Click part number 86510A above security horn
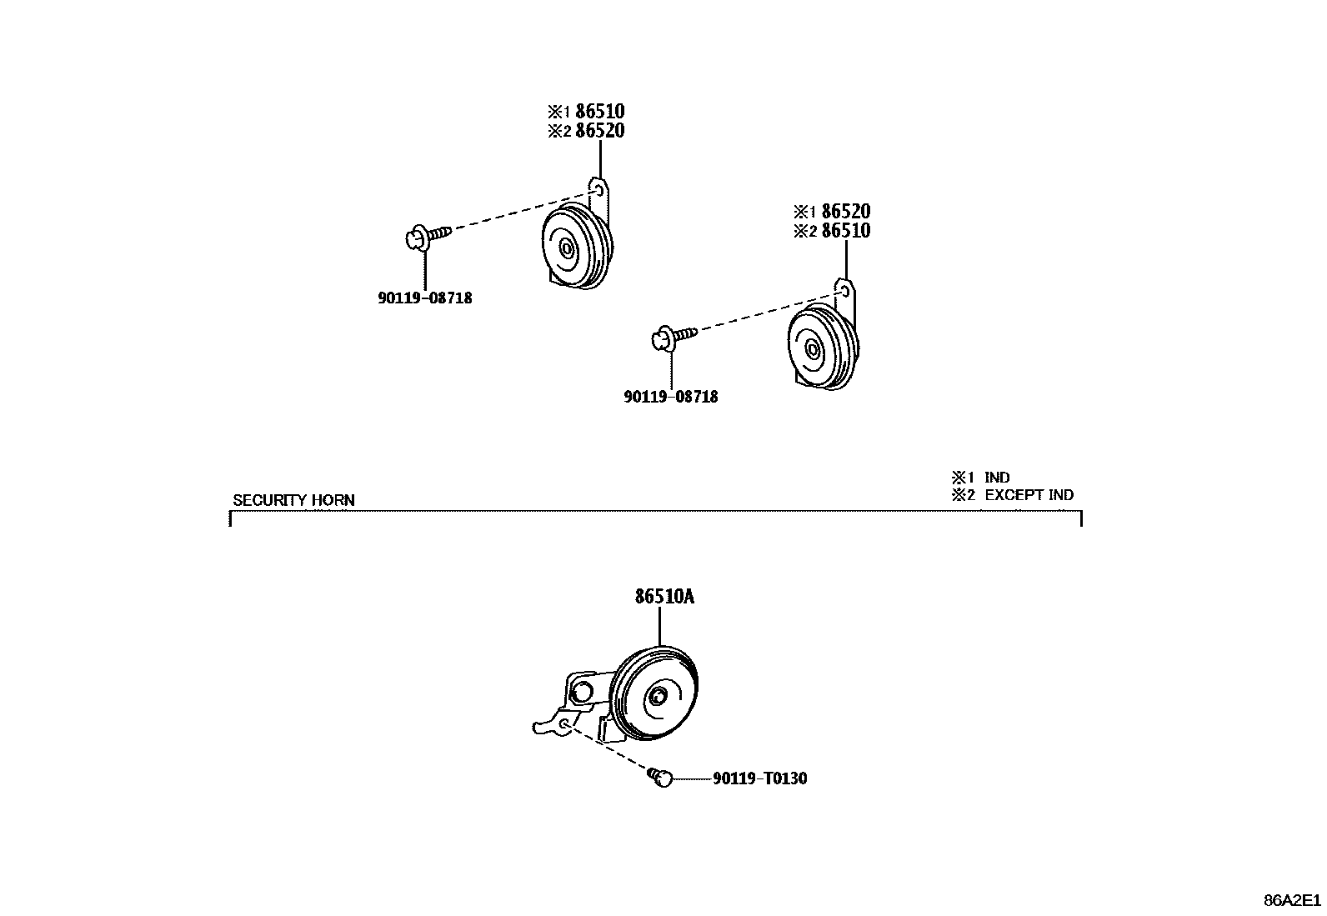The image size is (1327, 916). [x=664, y=597]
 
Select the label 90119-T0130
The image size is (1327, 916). [x=759, y=778]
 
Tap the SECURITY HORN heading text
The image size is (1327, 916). [x=293, y=500]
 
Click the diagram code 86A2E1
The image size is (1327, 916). [x=1292, y=900]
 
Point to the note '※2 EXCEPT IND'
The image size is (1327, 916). [x=1013, y=494]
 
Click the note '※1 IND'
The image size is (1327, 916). [x=981, y=478]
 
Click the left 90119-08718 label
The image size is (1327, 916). [x=425, y=298]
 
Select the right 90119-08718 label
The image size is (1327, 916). [x=670, y=397]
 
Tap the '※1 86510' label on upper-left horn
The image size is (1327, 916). [x=586, y=112]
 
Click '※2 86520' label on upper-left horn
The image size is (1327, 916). [x=586, y=131]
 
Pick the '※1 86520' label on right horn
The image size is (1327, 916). [x=832, y=212]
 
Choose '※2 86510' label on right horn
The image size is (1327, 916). [x=832, y=231]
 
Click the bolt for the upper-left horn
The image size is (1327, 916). [x=422, y=238]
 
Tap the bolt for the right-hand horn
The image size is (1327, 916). [x=669, y=338]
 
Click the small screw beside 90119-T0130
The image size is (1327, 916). [x=661, y=778]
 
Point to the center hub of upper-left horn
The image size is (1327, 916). [x=567, y=248]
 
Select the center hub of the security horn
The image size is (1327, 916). [x=658, y=698]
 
